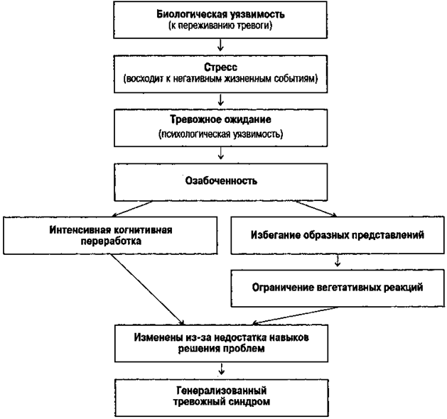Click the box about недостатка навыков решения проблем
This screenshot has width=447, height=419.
(x=224, y=339)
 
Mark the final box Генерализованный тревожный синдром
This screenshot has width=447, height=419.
(x=224, y=396)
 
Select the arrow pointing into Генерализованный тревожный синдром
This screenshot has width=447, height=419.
(x=224, y=368)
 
